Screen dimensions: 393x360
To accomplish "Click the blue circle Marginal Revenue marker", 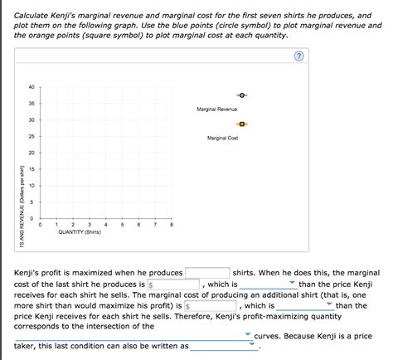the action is (242, 95).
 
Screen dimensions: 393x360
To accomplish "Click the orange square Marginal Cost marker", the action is (242, 124).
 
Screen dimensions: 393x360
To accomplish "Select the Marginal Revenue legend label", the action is (216, 109).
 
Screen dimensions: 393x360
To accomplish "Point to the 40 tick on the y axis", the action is (31, 87).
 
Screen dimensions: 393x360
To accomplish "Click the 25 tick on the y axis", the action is (31, 136).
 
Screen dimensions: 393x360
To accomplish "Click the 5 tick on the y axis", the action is (32, 202).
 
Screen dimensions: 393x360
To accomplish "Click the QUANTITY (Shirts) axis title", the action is (80, 232).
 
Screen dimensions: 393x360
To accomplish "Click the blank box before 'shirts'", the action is (207, 272).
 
